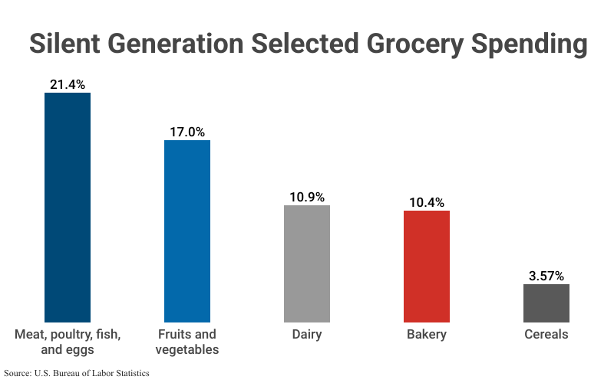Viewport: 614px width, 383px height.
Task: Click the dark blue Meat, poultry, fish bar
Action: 68,207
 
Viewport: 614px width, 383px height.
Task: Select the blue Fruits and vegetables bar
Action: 187,231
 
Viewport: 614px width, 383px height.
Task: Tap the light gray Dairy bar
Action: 307,264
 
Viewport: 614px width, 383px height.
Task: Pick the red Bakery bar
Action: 427,266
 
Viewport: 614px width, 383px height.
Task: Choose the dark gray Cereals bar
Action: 546,303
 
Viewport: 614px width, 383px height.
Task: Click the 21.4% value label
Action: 68,84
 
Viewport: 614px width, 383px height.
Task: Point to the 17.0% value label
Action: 187,132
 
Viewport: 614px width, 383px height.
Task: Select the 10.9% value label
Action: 307,197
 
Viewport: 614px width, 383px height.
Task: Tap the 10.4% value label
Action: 427,202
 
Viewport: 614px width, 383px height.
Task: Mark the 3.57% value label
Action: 546,276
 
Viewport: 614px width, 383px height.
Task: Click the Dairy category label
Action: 307,335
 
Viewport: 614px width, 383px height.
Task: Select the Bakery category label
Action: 427,335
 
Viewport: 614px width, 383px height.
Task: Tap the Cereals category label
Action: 546,335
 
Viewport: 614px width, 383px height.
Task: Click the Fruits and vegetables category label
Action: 187,342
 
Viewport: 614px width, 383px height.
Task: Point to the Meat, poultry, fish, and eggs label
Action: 68,342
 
